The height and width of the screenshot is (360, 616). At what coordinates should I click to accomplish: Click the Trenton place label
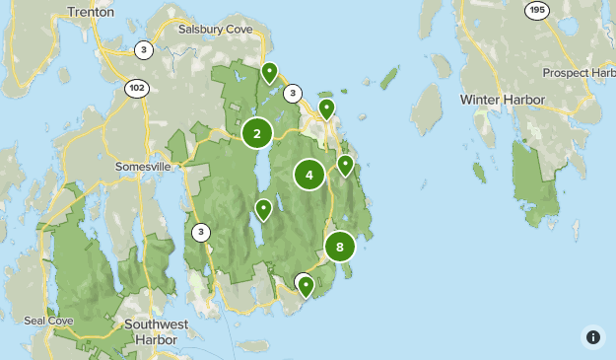tap(91, 12)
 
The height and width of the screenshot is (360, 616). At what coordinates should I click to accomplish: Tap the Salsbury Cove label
tap(215, 30)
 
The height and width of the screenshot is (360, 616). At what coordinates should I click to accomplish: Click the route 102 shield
tap(137, 88)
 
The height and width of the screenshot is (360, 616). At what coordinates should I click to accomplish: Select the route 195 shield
tap(536, 10)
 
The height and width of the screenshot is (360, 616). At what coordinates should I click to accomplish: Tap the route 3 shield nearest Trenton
tap(144, 50)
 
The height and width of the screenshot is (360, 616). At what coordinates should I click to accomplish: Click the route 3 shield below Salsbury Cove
tap(292, 94)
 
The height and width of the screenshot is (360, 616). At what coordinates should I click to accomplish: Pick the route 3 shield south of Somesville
tap(201, 233)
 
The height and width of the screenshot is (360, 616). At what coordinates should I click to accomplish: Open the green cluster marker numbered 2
tap(257, 134)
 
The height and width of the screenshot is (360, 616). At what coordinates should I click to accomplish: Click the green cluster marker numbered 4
tap(309, 176)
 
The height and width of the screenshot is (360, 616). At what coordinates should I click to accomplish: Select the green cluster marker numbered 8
tap(340, 248)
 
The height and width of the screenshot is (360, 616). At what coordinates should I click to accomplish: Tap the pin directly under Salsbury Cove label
tap(269, 72)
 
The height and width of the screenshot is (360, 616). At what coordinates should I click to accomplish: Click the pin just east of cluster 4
tap(345, 164)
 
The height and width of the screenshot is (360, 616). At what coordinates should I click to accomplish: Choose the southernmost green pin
tap(307, 286)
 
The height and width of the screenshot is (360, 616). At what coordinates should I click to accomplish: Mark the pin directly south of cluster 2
tap(263, 208)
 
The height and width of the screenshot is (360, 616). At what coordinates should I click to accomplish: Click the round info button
tap(592, 336)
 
